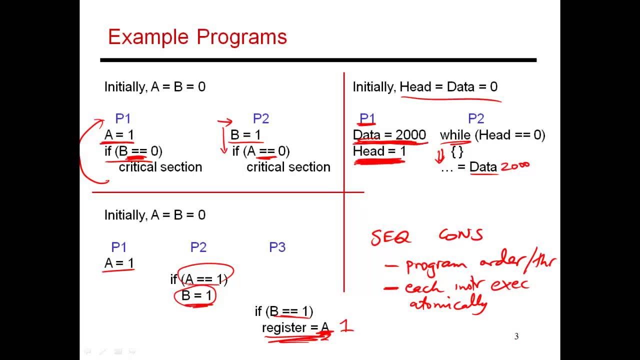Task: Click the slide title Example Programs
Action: [x=197, y=37]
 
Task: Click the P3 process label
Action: [x=277, y=247]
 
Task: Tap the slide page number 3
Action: [x=516, y=336]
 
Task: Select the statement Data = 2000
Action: [x=389, y=135]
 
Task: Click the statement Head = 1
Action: [x=379, y=151]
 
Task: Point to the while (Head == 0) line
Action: [x=492, y=135]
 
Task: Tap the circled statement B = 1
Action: [x=196, y=295]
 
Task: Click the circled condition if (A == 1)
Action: [x=199, y=279]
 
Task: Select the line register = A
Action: [x=295, y=327]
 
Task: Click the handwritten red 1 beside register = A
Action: [x=346, y=326]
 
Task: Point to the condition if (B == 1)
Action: [x=283, y=311]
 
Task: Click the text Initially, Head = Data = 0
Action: [x=425, y=87]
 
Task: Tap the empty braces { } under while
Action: [x=457, y=151]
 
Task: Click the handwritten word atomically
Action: [x=448, y=303]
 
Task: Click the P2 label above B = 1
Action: [x=260, y=118]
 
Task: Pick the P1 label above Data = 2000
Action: [x=367, y=118]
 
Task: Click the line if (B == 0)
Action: [x=133, y=151]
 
